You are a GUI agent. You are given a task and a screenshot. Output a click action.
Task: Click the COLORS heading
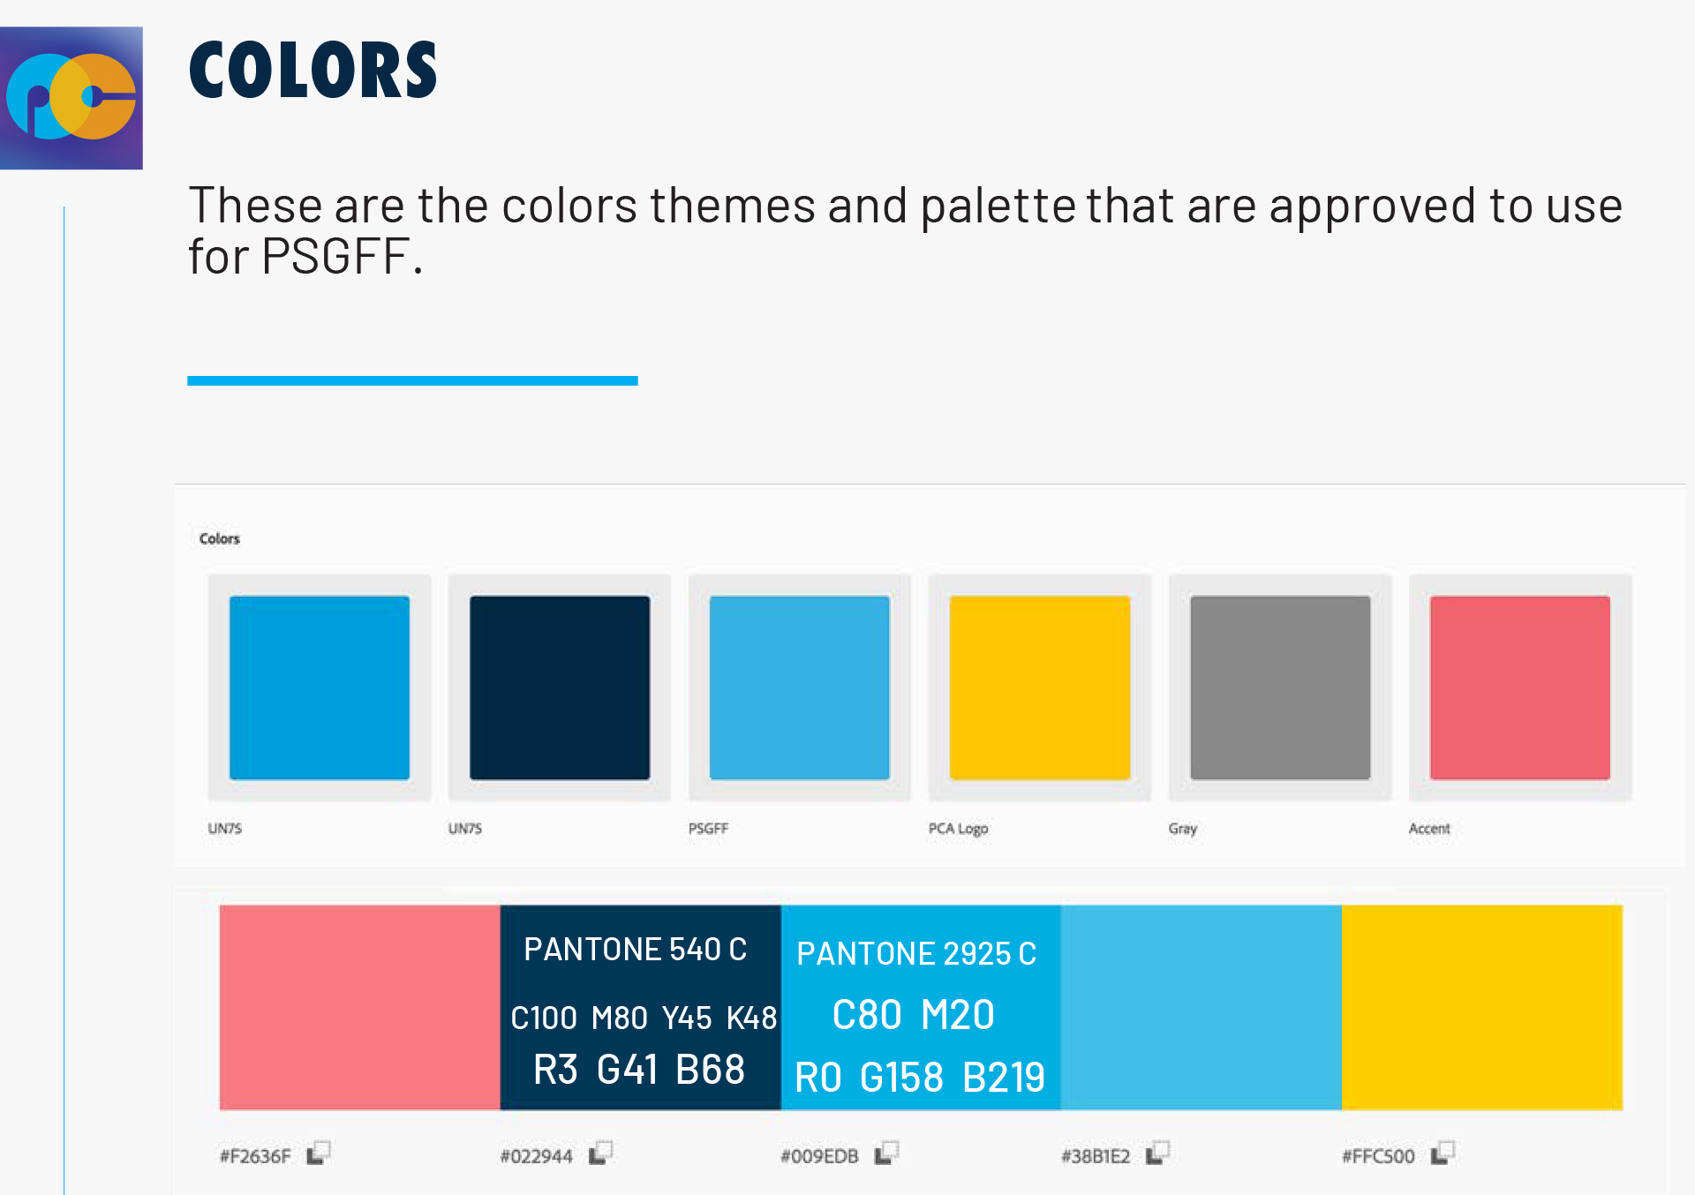click(x=313, y=70)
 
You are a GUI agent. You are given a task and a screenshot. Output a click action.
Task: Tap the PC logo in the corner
click(x=72, y=98)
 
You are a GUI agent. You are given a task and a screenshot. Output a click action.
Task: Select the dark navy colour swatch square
click(x=560, y=688)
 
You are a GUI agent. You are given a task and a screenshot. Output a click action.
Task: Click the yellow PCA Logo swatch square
click(x=1040, y=688)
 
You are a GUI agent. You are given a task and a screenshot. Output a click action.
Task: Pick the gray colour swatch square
click(x=1280, y=688)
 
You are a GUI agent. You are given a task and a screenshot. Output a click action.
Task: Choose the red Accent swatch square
click(x=1520, y=688)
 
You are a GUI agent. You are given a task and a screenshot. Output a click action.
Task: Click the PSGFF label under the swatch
click(x=708, y=829)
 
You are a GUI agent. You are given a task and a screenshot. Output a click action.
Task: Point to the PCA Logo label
click(x=958, y=829)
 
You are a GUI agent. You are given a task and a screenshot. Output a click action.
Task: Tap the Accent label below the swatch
click(x=1429, y=829)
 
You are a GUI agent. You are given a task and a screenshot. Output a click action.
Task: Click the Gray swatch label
click(x=1183, y=829)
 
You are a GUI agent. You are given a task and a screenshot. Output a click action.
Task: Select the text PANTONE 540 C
click(x=636, y=950)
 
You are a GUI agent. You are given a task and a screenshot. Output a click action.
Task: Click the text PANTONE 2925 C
click(x=916, y=954)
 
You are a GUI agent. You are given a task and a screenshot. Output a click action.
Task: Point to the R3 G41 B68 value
click(x=639, y=1070)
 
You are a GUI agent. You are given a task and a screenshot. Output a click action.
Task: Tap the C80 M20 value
click(x=914, y=1015)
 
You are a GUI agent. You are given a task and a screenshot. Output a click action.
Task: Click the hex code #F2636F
click(x=255, y=1156)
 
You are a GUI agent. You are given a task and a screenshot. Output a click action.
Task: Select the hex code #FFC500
click(x=1378, y=1156)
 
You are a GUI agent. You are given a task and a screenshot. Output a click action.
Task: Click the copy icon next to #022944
click(x=601, y=1154)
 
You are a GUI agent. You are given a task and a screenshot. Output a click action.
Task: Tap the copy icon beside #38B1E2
click(x=1157, y=1154)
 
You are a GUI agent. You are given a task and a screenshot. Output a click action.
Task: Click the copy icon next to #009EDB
click(x=886, y=1154)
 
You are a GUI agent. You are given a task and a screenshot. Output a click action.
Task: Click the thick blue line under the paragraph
click(x=412, y=380)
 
